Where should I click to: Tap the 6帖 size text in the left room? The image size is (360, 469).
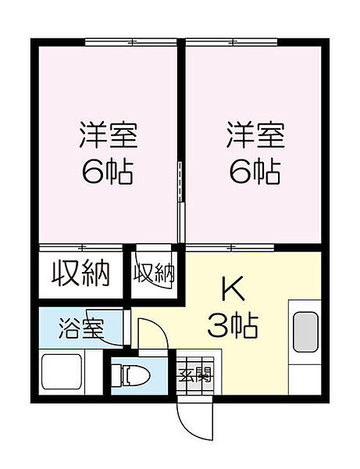108,171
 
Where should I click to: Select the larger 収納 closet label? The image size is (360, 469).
80,274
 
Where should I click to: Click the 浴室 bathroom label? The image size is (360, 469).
80,328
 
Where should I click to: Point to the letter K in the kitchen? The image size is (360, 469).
234,290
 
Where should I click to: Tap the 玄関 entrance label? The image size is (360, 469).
194,375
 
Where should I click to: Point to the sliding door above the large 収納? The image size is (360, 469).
80,247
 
